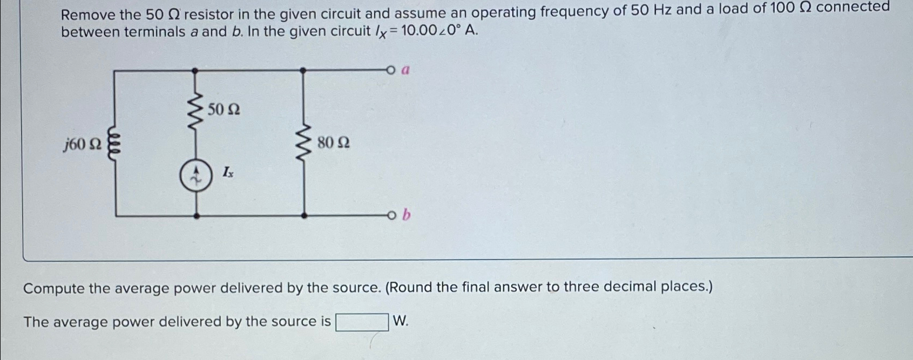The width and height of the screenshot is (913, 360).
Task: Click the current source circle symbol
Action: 195,177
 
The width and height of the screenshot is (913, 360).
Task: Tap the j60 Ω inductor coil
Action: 114,144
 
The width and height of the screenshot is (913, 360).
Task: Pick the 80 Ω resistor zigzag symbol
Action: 304,144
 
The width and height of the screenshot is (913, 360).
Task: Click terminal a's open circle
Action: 391,70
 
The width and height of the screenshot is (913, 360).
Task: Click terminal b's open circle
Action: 391,216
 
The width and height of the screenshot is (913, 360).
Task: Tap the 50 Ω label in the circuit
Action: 224,110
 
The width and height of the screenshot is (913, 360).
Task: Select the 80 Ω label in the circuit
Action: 333,143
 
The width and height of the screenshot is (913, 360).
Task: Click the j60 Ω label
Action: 82,145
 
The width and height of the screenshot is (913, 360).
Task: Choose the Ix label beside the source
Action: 228,172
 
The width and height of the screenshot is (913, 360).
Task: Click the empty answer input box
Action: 362,322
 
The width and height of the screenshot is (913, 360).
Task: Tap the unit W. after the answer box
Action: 401,322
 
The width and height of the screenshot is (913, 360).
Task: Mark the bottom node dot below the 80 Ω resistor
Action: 304,216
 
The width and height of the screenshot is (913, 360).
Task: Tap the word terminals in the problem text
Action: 154,32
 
